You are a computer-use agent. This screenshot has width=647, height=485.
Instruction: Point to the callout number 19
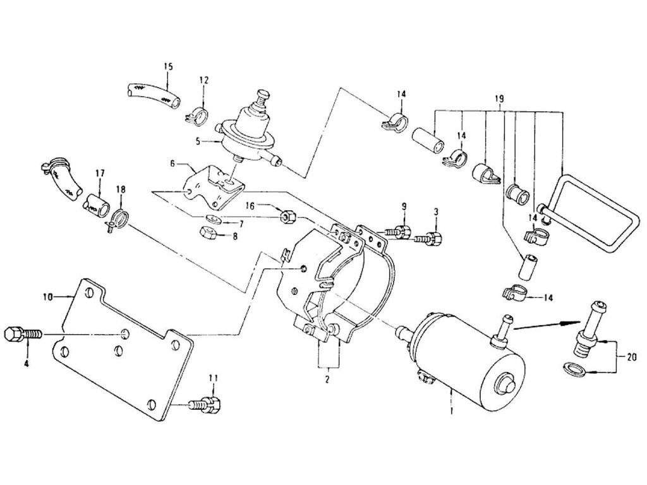click(499, 99)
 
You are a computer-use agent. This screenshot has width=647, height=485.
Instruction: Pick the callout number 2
click(327, 380)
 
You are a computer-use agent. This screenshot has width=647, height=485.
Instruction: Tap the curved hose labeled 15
click(152, 94)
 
